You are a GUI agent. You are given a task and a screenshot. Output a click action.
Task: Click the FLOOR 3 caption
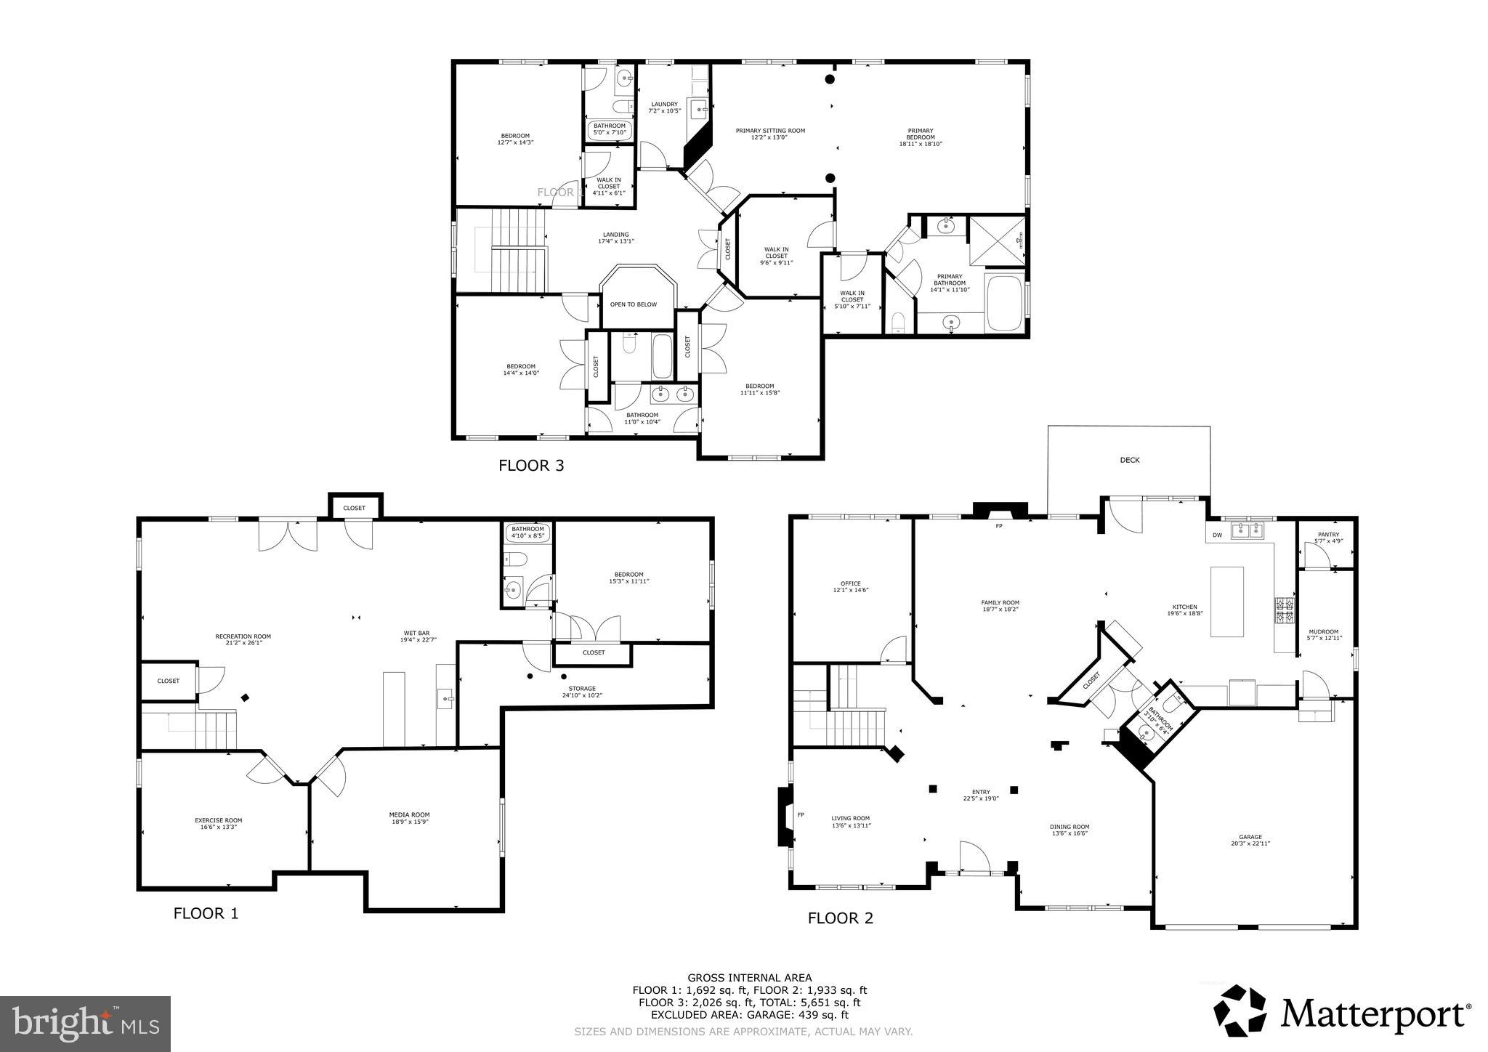[x=531, y=466]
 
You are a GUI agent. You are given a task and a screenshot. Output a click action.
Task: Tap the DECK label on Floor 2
[x=1130, y=460]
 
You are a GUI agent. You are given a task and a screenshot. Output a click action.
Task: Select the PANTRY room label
[x=1327, y=538]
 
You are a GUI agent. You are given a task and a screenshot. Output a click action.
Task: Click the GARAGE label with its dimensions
[x=1250, y=840]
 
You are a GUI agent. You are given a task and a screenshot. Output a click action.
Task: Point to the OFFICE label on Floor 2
[x=850, y=586]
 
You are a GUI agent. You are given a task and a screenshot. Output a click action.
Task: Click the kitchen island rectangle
[x=1227, y=602]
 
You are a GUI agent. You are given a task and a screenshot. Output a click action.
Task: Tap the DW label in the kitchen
[x=1217, y=535]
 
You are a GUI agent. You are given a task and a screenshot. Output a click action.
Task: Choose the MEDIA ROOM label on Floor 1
[x=409, y=818]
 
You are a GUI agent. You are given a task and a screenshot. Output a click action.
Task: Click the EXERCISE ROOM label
[x=218, y=823]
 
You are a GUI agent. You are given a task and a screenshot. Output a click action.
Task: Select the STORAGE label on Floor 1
[x=582, y=692]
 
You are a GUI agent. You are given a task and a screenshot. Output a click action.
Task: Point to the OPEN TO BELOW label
[x=633, y=304]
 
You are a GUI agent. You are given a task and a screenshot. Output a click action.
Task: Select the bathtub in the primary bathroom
[x=1004, y=302]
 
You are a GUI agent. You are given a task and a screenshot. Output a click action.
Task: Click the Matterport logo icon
[x=1240, y=1011]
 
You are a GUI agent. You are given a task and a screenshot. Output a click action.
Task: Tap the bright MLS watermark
[x=85, y=1024]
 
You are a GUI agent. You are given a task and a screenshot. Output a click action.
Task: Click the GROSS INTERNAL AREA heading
[x=749, y=978]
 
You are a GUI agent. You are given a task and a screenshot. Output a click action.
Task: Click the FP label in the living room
[x=801, y=814]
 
